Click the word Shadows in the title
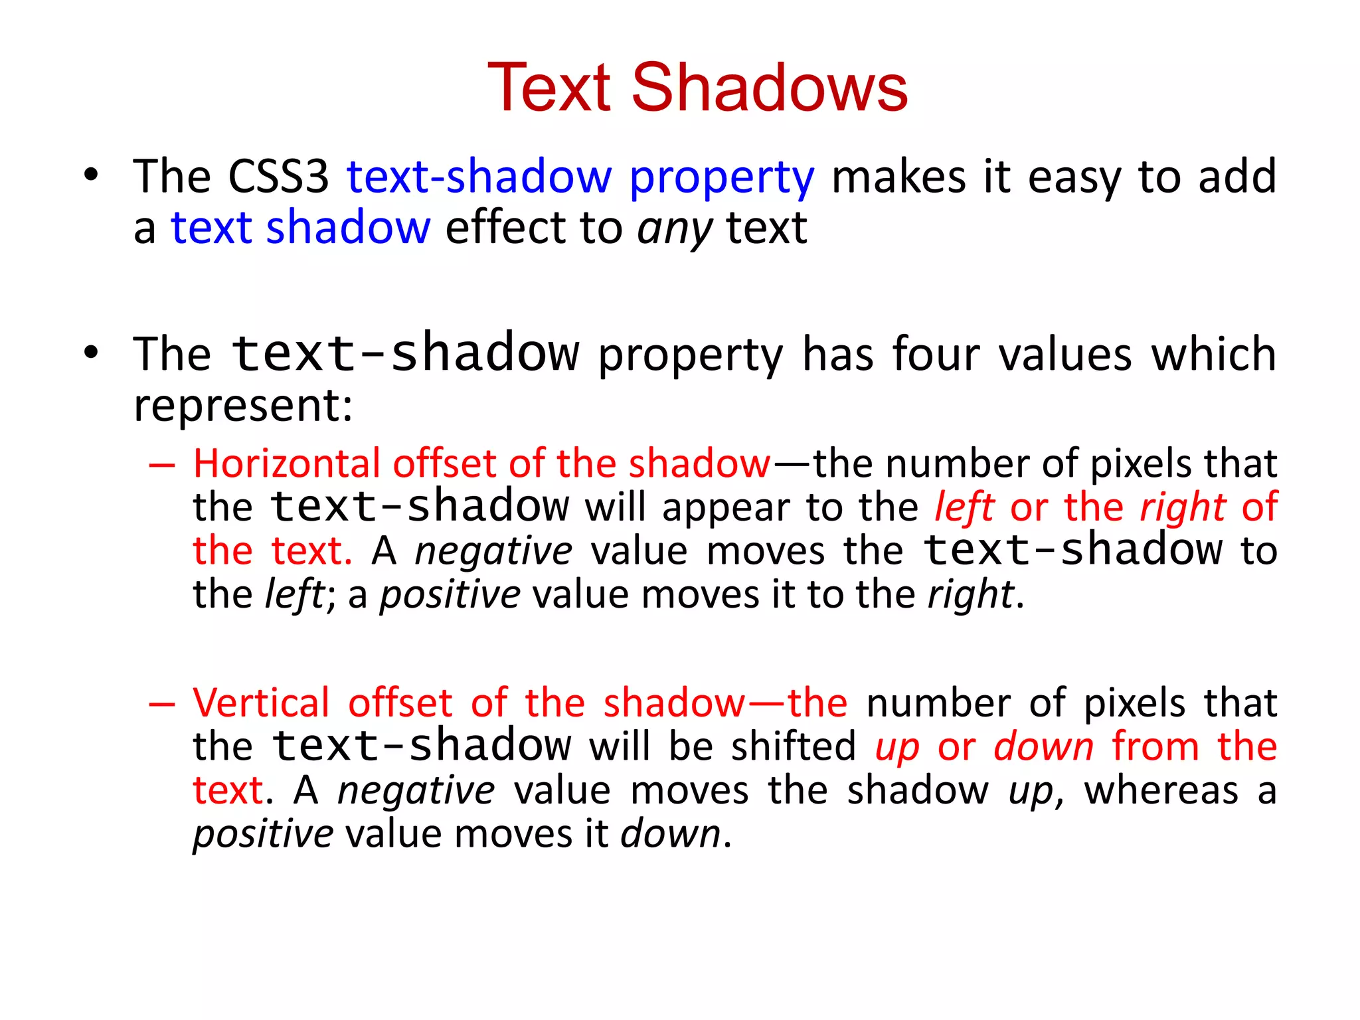(x=769, y=88)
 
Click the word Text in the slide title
(x=549, y=88)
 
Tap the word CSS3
(x=278, y=177)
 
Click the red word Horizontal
(x=286, y=463)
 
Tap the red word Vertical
(x=261, y=703)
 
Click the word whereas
(x=1161, y=790)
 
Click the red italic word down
(x=1043, y=746)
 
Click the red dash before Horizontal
(x=161, y=465)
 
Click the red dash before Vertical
(x=161, y=704)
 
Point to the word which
(x=1213, y=354)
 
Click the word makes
(x=898, y=177)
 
